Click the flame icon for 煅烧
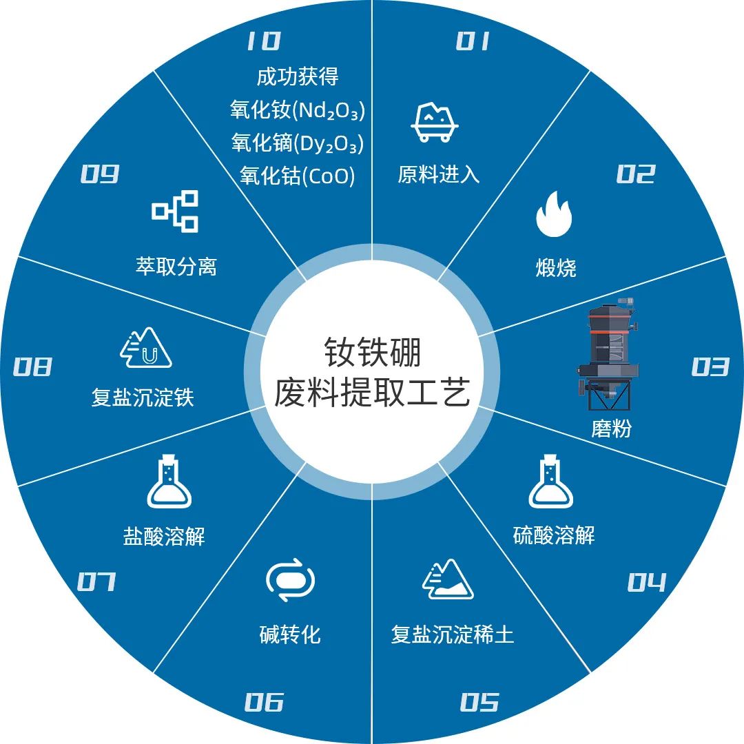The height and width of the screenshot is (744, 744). pyautogui.click(x=554, y=214)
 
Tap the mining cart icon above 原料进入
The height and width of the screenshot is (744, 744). pyautogui.click(x=434, y=122)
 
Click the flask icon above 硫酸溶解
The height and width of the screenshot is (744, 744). pyautogui.click(x=551, y=481)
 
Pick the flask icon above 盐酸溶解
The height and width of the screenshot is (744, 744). pyautogui.click(x=169, y=481)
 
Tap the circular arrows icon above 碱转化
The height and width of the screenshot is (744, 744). pyautogui.click(x=290, y=580)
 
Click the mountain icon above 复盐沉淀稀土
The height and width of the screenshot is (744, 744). pyautogui.click(x=448, y=579)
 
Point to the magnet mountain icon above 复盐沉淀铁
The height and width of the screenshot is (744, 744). pyautogui.click(x=145, y=347)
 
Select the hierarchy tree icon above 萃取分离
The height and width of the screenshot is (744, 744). pyautogui.click(x=175, y=211)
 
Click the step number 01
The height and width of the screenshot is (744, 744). pyautogui.click(x=473, y=41)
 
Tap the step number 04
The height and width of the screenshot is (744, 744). pyautogui.click(x=647, y=581)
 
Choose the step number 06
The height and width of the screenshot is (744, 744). pyautogui.click(x=265, y=702)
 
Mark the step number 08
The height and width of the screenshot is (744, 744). pyautogui.click(x=32, y=366)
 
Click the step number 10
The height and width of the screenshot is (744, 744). pyautogui.click(x=264, y=41)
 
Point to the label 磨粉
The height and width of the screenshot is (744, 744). pyautogui.click(x=611, y=429)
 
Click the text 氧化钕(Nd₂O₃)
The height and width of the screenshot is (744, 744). pyautogui.click(x=298, y=110)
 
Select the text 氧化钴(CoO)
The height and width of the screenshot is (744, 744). pyautogui.click(x=298, y=176)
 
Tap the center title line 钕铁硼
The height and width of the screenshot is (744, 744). pyautogui.click(x=373, y=353)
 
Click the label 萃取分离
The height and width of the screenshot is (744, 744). pyautogui.click(x=176, y=267)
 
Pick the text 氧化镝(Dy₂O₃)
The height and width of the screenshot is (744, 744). pyautogui.click(x=298, y=143)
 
